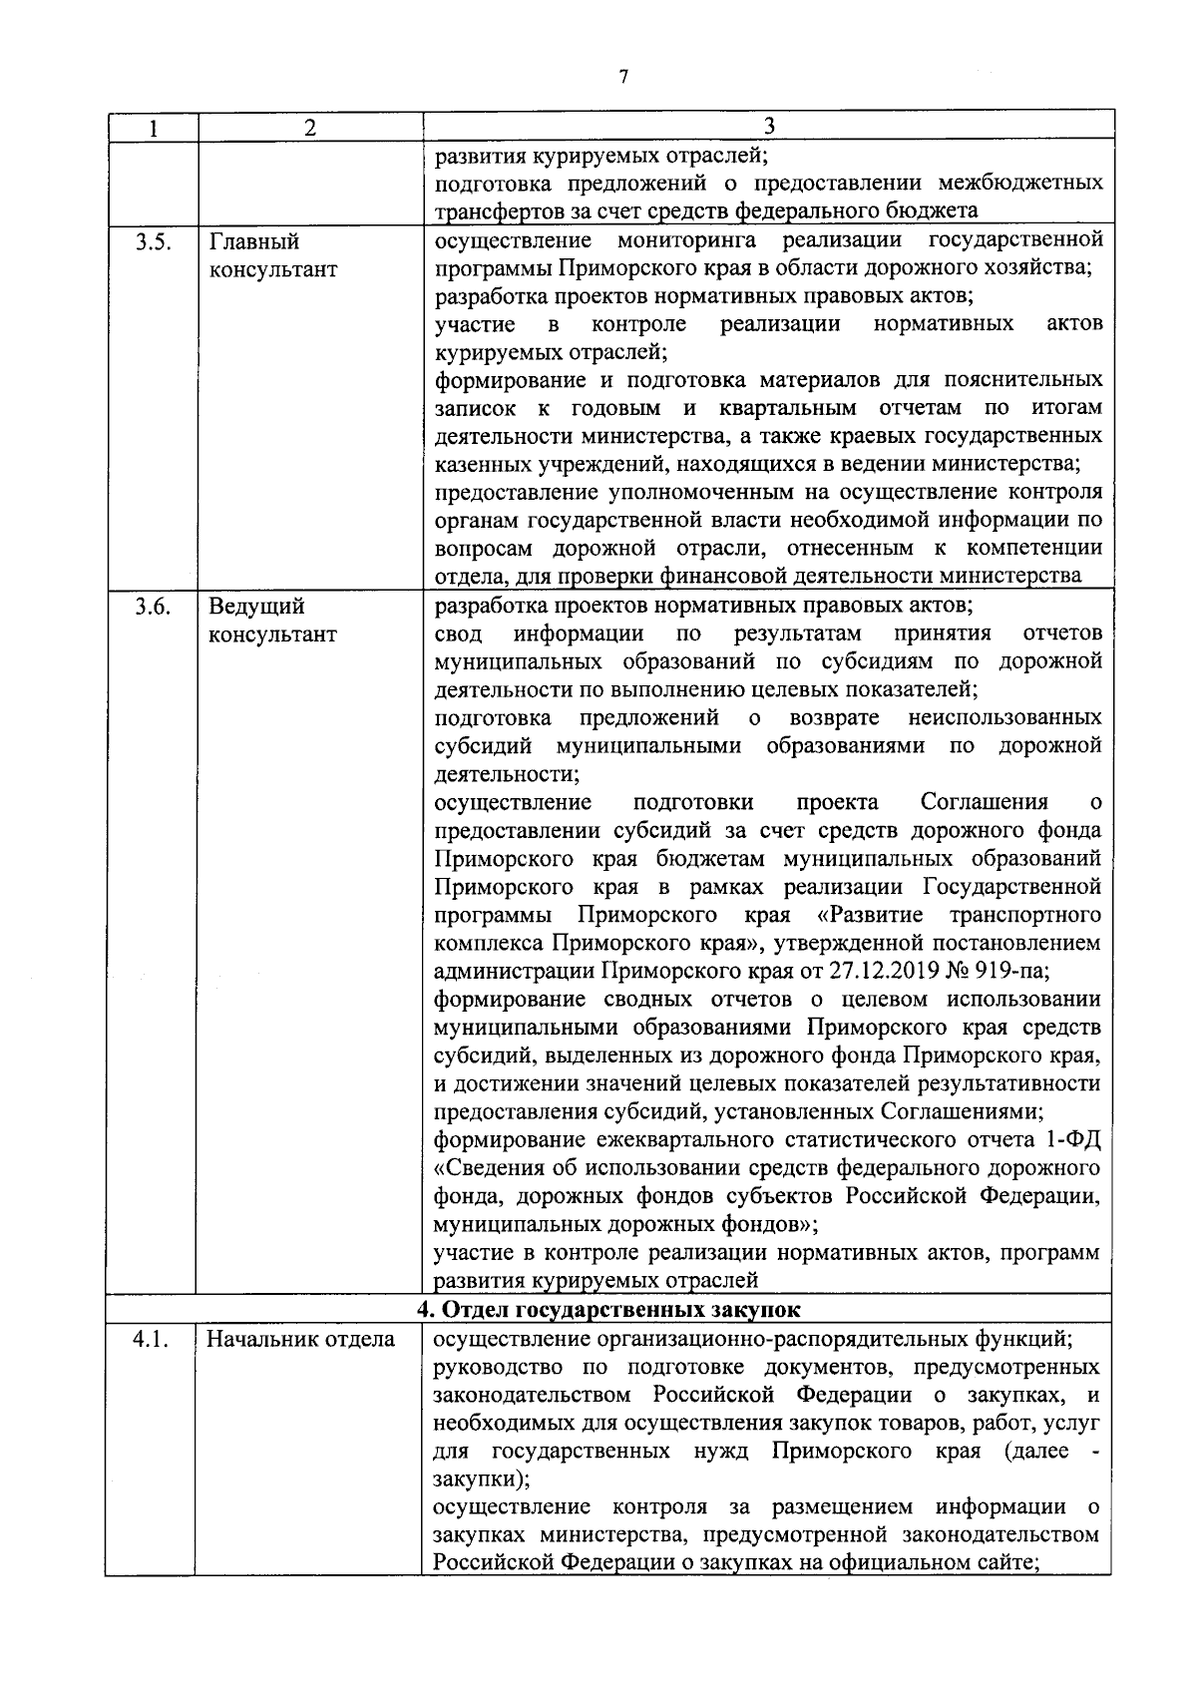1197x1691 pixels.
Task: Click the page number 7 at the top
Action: click(622, 77)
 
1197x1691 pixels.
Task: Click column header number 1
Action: click(152, 127)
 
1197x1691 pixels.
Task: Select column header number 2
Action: click(310, 127)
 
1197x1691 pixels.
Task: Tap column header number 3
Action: click(768, 125)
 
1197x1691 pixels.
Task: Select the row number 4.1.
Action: click(151, 1340)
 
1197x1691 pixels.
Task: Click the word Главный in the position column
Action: click(254, 241)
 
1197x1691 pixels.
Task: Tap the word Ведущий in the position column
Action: click(256, 607)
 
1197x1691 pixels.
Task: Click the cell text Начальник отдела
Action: click(301, 1340)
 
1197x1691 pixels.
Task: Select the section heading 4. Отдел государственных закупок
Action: click(608, 1308)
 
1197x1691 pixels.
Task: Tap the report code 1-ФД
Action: click(1073, 1139)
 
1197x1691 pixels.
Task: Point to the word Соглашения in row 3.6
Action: click(984, 802)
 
